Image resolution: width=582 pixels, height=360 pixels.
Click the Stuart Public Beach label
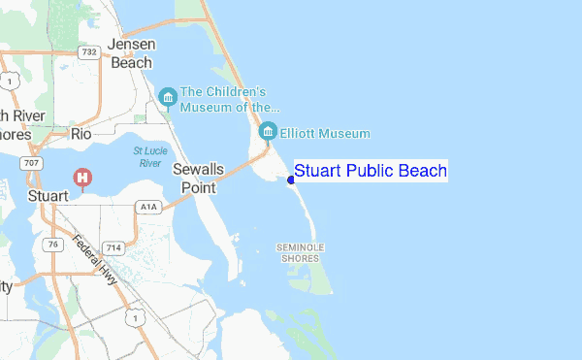370,172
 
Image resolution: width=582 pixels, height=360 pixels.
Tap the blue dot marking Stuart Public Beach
291,180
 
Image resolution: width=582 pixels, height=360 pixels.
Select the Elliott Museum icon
269,131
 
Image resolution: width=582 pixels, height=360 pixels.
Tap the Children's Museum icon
169,98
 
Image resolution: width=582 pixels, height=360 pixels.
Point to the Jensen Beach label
131,53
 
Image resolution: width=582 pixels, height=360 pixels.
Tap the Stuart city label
48,196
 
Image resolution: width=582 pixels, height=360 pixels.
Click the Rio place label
81,135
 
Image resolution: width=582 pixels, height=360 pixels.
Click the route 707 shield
33,164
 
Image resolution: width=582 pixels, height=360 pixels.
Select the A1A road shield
147,207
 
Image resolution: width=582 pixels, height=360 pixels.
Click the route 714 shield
114,248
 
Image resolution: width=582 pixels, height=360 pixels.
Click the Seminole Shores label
300,253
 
